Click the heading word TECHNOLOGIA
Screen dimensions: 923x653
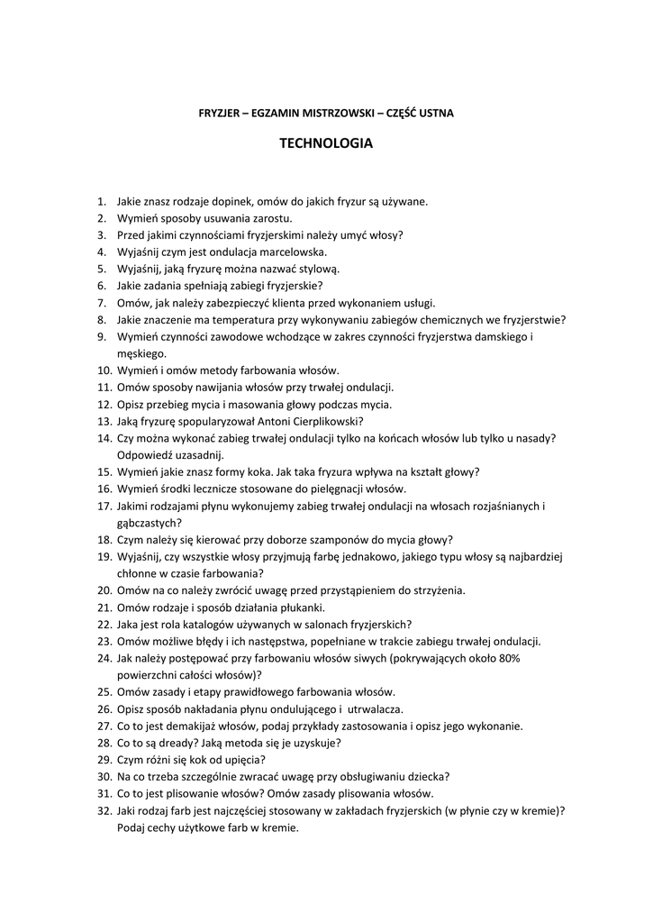click(x=325, y=142)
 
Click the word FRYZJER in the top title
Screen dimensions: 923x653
click(x=218, y=113)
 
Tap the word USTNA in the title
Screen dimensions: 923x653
click(x=436, y=113)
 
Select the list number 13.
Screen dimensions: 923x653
click(x=104, y=421)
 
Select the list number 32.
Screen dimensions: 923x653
click(x=104, y=810)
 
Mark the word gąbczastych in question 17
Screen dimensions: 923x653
click(x=149, y=522)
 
